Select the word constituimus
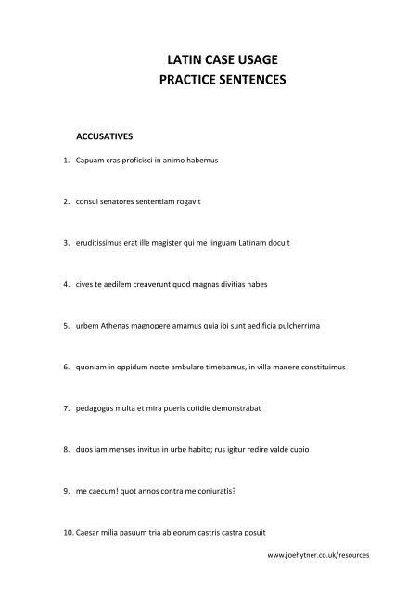tap(320, 368)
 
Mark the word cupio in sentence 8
tap(299, 450)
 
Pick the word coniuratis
tap(216, 491)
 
